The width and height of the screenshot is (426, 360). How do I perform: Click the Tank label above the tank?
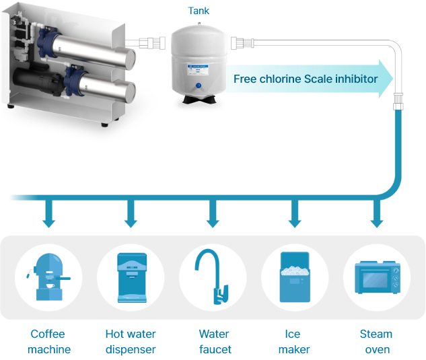[x=199, y=11]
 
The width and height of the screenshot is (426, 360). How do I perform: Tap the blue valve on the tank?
[x=199, y=85]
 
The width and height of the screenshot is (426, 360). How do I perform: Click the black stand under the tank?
[x=200, y=100]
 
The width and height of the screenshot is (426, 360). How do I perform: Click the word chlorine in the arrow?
[x=280, y=79]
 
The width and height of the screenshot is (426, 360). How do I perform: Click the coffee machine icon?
[x=48, y=277]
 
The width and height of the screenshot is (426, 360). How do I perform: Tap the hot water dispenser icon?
[x=132, y=278]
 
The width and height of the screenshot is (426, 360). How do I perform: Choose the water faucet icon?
[x=211, y=277]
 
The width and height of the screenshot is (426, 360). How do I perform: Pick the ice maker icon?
[x=295, y=277]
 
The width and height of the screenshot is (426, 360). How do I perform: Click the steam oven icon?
[x=378, y=277]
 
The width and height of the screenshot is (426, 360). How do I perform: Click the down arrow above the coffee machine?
[x=49, y=214]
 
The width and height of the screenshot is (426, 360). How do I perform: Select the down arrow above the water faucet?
[x=213, y=214]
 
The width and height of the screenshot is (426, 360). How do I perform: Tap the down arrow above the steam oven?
[x=377, y=214]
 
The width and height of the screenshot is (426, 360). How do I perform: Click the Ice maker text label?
[x=294, y=342]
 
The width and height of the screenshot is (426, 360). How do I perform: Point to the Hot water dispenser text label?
[x=131, y=342]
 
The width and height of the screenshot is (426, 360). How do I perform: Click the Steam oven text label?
[x=377, y=342]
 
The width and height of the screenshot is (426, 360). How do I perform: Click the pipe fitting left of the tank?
[x=152, y=43]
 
